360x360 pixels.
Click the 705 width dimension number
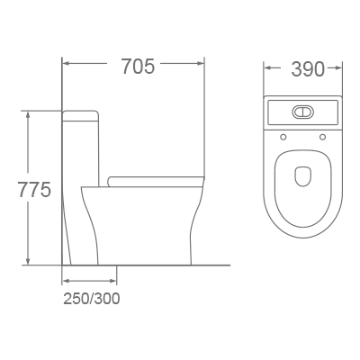[132, 66]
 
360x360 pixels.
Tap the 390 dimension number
[303, 68]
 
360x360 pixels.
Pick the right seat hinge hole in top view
[323, 138]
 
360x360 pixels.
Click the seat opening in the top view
[303, 184]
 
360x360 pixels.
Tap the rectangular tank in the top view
[303, 113]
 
